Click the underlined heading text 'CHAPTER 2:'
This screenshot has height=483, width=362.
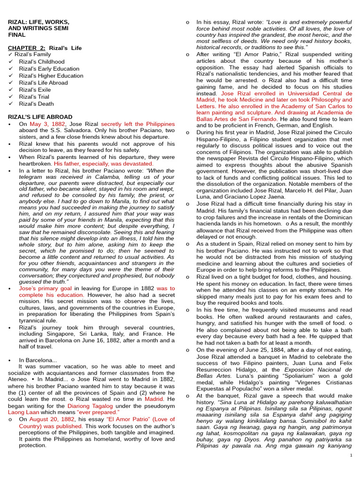coord(26,48)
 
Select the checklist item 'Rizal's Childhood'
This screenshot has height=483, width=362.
coord(41,62)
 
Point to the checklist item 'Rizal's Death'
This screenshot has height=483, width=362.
coord(37,104)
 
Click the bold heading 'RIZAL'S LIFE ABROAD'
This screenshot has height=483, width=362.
coord(41,117)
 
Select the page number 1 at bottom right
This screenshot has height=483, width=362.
coord(351,455)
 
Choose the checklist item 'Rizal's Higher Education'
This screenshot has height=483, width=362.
coord(51,75)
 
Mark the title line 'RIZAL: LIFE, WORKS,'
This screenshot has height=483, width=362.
coord(39,22)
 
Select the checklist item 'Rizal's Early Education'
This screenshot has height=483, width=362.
coord(49,69)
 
